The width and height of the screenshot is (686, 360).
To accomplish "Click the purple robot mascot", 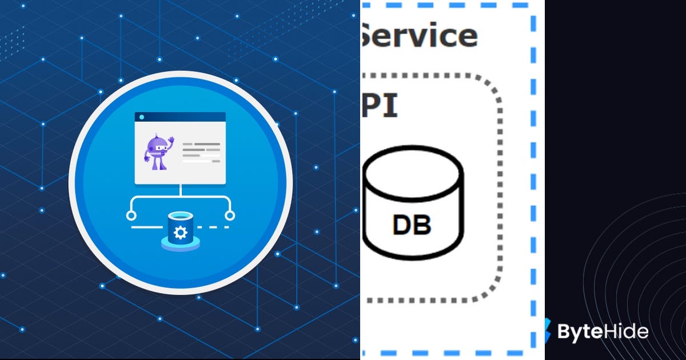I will (x=158, y=152).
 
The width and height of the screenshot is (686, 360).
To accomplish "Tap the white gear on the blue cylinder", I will (x=181, y=232).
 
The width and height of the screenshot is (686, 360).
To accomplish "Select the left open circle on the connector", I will (x=131, y=215).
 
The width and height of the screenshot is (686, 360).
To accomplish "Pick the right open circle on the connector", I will (x=230, y=215).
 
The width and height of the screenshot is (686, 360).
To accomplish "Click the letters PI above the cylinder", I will (x=380, y=107).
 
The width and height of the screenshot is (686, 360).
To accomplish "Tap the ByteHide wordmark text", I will (x=603, y=331).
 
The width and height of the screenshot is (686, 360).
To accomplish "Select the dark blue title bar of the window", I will (x=183, y=117).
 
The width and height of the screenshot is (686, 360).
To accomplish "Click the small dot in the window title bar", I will (x=141, y=117).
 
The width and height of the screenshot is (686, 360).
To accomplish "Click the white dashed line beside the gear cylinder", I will (x=216, y=227).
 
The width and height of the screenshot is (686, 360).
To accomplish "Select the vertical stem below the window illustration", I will (x=181, y=191).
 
